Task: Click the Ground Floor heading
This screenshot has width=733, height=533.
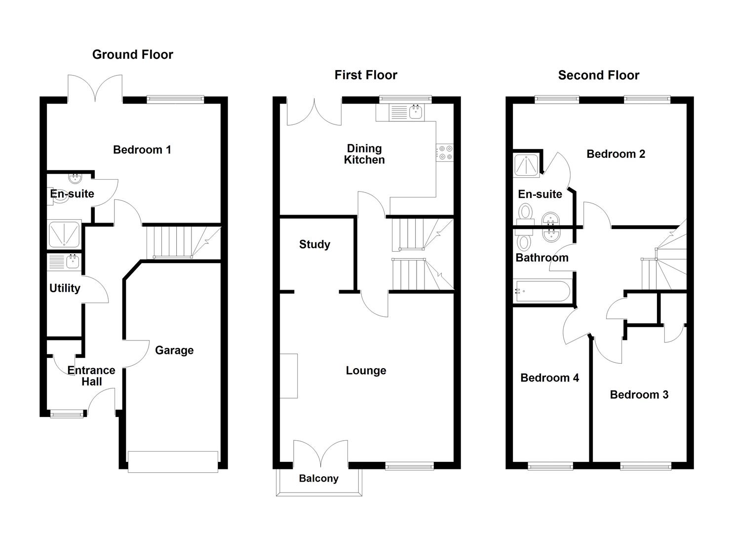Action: (x=132, y=54)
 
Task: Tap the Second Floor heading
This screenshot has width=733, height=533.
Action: (x=598, y=75)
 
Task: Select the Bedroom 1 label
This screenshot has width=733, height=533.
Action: (x=142, y=150)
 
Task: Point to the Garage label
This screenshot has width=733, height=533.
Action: (x=174, y=350)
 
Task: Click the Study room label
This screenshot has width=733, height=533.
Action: (x=314, y=244)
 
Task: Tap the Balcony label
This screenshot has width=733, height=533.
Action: (x=318, y=478)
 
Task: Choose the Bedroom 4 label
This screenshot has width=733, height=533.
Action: (x=549, y=378)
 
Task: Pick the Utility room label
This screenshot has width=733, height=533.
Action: (x=65, y=288)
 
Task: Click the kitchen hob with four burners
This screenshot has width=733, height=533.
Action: (x=445, y=152)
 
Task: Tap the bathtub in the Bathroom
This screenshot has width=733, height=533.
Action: (x=542, y=291)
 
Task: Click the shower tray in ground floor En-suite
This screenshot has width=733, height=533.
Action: (x=64, y=234)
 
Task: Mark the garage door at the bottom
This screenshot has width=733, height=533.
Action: (x=173, y=461)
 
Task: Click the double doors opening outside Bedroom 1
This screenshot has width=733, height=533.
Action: (x=95, y=89)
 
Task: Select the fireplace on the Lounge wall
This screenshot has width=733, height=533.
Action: (x=289, y=376)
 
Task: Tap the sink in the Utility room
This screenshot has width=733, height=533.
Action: (x=72, y=262)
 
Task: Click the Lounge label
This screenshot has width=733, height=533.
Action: (x=366, y=371)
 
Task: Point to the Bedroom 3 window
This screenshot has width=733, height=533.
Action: (x=645, y=465)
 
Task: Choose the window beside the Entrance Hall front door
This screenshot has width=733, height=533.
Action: (x=67, y=414)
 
